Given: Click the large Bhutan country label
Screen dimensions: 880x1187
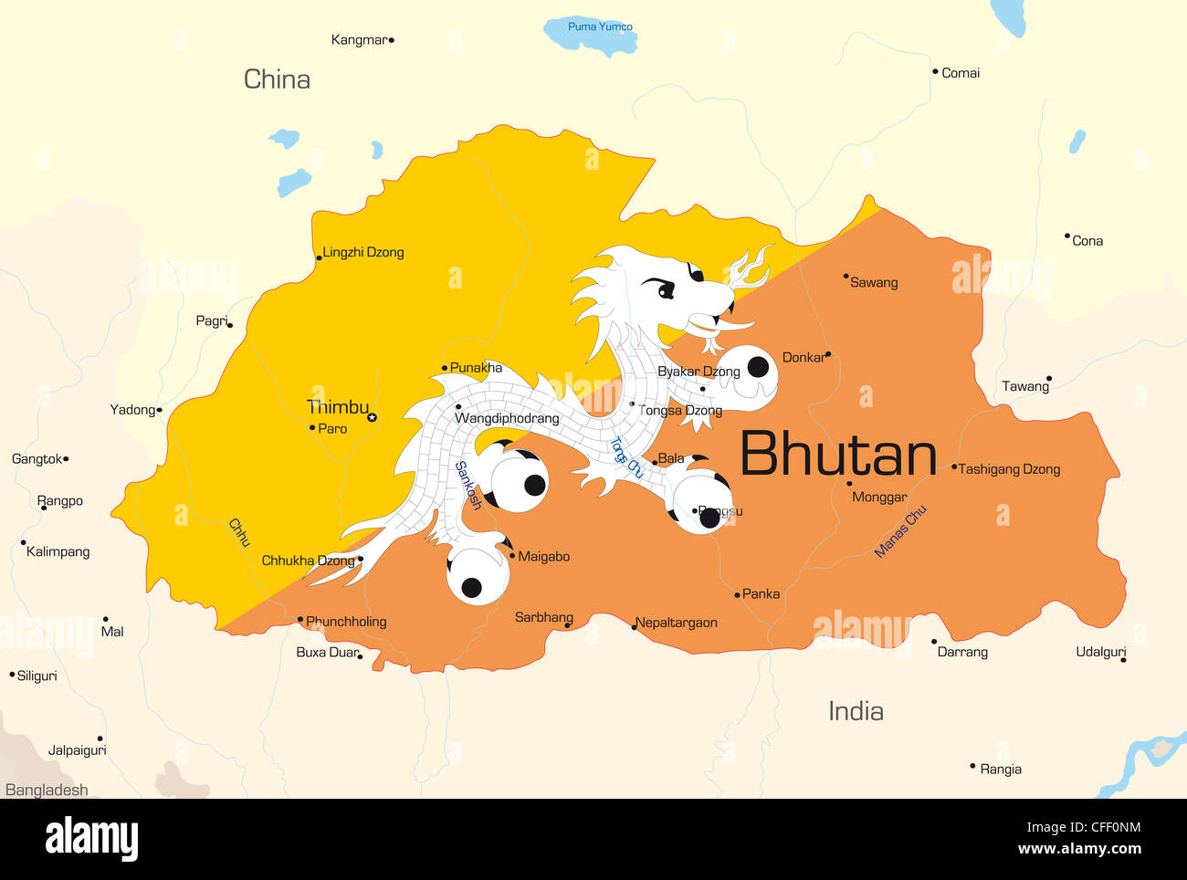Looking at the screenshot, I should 838,454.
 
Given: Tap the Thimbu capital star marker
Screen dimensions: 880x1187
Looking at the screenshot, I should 372,417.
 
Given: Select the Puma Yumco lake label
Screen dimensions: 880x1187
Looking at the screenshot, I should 600,26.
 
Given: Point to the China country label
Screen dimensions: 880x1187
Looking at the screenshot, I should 277,79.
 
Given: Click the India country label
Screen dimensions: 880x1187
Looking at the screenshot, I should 856,711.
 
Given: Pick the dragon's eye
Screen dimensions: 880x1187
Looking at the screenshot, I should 666,289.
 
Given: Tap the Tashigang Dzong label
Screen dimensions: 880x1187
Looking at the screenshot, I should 1009,469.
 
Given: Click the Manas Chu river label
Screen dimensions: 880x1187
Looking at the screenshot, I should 900,530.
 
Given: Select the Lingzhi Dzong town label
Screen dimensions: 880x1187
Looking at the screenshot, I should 362,252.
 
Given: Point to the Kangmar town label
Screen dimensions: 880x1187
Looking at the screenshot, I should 359,40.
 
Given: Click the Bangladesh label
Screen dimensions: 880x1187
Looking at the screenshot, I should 47,791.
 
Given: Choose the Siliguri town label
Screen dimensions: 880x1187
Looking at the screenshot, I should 37,676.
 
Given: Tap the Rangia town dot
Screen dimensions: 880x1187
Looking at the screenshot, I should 972,767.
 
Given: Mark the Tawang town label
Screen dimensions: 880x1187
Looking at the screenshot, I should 1025,386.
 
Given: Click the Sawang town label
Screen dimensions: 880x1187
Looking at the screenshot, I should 874,283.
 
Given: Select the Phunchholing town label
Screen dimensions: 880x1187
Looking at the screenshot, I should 346,622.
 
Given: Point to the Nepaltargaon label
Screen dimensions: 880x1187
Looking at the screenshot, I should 677,623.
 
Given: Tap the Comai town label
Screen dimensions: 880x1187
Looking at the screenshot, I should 961,73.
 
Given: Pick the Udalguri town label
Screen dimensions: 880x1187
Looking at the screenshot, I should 1100,652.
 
